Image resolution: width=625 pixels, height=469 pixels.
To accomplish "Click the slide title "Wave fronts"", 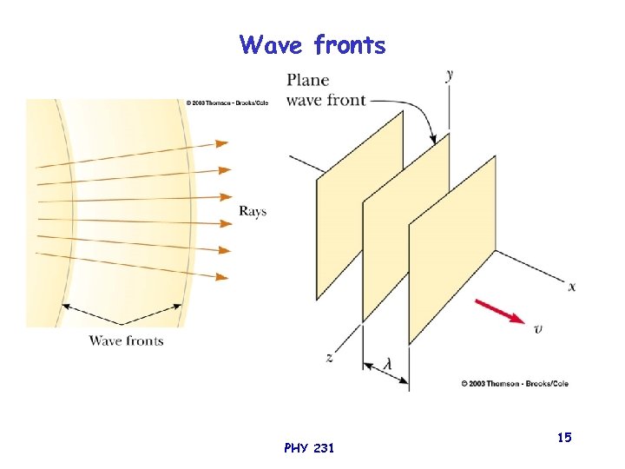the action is tap(312, 44).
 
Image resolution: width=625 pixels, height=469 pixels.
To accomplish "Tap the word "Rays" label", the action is tap(253, 211).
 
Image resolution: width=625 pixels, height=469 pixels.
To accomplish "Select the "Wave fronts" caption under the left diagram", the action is tap(126, 340).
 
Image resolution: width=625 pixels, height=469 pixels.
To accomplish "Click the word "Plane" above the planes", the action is tap(307, 80).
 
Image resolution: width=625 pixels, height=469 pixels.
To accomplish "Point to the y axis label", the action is tap(449, 74).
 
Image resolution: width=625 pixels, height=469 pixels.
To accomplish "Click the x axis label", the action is tap(571, 286).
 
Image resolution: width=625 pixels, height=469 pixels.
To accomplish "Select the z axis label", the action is tap(330, 357).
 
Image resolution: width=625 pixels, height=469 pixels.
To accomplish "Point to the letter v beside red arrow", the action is tap(539, 327).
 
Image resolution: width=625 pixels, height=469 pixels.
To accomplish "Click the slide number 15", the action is tap(564, 438).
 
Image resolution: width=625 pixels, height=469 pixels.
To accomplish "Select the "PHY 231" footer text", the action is tap(308, 448).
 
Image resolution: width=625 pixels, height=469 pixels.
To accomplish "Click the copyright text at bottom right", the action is tap(515, 382).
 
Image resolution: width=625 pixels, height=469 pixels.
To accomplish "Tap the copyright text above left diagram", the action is tap(227, 102).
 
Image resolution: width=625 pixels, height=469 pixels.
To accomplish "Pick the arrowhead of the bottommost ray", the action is tap(222, 277).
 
